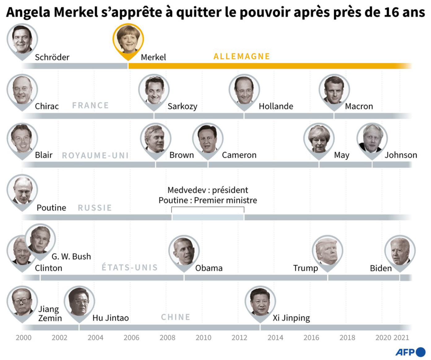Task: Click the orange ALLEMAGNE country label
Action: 242,56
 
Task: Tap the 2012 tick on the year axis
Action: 239,337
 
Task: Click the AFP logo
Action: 410,352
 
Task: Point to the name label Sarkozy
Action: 182,106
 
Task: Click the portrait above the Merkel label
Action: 128,39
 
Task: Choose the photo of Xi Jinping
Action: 260,301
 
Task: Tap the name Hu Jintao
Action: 110,318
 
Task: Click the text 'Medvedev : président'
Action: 208,190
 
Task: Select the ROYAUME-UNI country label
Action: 95,155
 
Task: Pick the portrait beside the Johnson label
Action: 372,139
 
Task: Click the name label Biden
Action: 381,268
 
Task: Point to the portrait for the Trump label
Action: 327,251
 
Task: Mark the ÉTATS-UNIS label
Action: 130,267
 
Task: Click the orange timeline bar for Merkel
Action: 269,66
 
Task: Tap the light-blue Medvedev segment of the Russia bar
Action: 208,217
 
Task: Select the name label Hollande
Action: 276,106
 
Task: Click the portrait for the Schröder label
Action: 22,39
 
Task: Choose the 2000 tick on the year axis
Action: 24,337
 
